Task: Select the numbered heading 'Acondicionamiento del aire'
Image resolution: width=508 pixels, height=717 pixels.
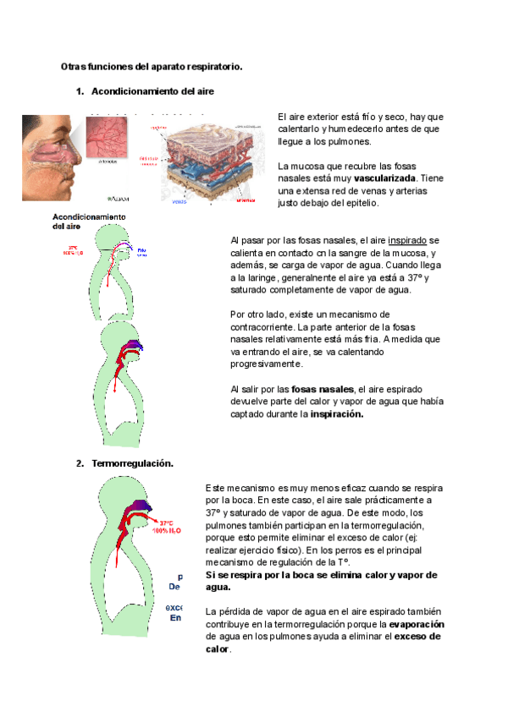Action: click(x=147, y=90)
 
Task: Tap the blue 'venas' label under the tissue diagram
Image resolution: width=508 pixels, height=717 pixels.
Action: click(x=179, y=202)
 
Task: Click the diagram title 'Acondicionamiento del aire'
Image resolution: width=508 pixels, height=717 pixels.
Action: click(x=90, y=222)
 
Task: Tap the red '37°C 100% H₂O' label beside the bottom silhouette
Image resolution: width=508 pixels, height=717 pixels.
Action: click(x=163, y=527)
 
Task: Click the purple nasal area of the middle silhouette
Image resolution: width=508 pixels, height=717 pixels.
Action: click(x=134, y=345)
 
